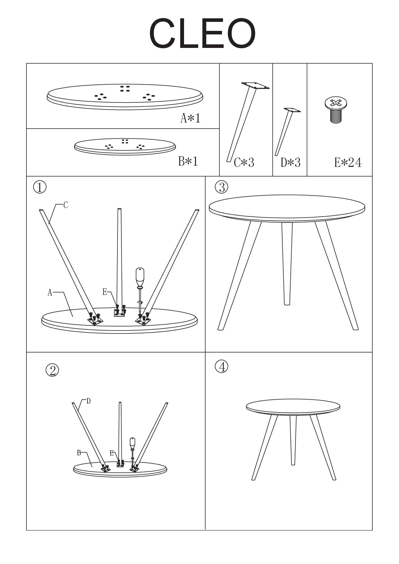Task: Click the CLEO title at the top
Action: [x=202, y=33]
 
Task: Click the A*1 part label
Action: [x=190, y=118]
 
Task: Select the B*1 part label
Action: [x=188, y=161]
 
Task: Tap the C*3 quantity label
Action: [x=244, y=163]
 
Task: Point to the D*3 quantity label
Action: [x=291, y=163]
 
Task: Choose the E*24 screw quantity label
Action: [x=348, y=163]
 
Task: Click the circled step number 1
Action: [x=40, y=187]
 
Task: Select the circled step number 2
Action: [x=52, y=370]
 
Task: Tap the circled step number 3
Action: [x=222, y=187]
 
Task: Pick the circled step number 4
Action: [x=222, y=367]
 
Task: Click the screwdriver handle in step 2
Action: [x=132, y=443]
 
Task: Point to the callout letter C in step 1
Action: [x=66, y=205]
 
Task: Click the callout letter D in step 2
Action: [x=88, y=401]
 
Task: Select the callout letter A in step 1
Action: [x=50, y=292]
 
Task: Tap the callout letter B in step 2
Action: [x=79, y=453]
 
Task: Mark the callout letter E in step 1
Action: [x=105, y=292]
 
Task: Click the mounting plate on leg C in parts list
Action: [x=255, y=86]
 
